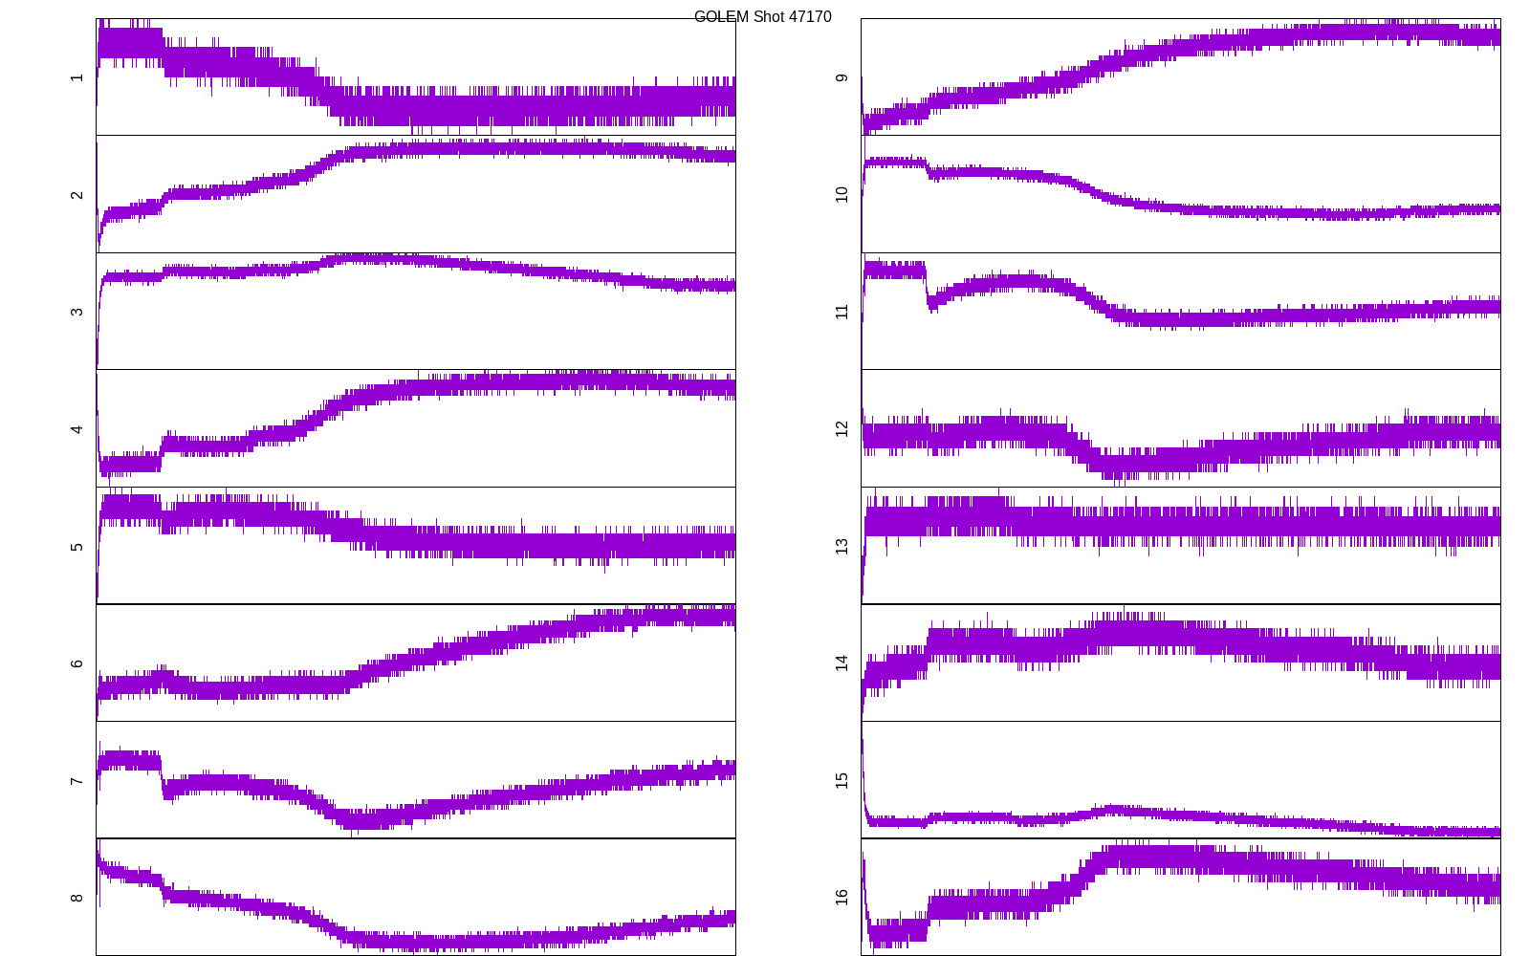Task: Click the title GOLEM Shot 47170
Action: (x=762, y=17)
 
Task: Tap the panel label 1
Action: (x=76, y=77)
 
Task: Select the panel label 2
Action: (x=76, y=195)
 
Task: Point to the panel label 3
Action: (x=76, y=312)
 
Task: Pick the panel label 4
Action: (x=76, y=429)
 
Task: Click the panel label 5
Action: (x=76, y=547)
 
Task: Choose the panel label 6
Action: (x=76, y=663)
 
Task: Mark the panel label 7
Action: (x=76, y=781)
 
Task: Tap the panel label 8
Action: (x=76, y=898)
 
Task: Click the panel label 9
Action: (x=841, y=77)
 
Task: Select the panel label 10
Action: (x=841, y=194)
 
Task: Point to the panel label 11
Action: (x=841, y=312)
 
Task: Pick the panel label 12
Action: (x=841, y=428)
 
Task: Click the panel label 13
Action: (x=841, y=546)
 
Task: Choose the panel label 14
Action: (x=841, y=663)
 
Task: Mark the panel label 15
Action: (x=841, y=780)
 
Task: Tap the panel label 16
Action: (x=841, y=897)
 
